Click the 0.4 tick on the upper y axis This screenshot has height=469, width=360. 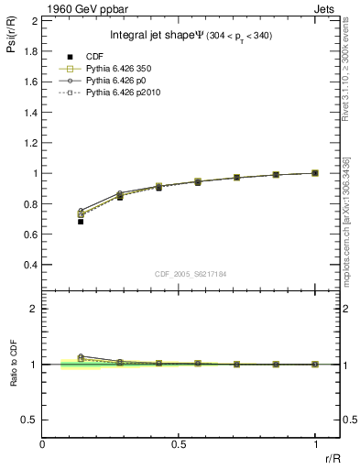(31, 266)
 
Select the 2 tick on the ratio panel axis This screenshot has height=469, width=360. (33, 309)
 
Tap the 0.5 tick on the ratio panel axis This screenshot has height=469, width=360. (29, 420)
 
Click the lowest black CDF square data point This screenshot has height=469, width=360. (81, 222)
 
